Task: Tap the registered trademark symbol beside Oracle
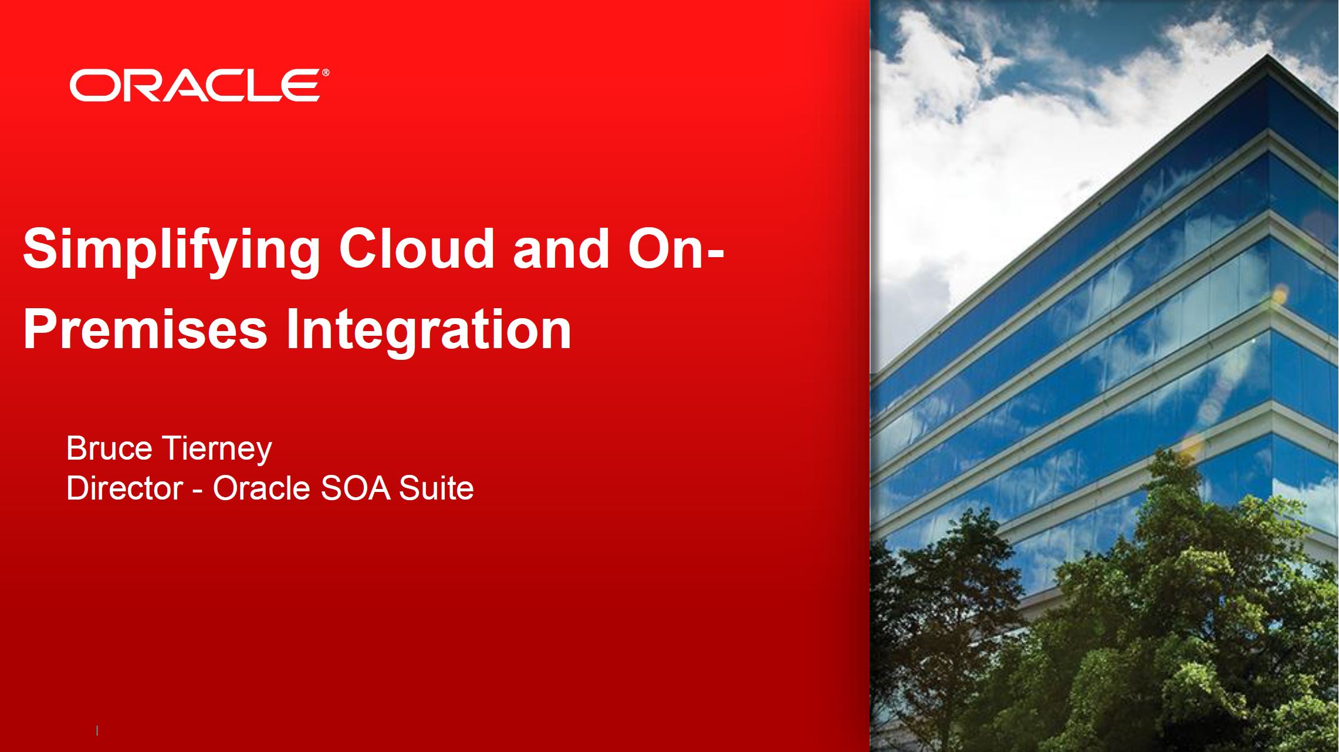coord(326,73)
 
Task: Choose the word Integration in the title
coord(428,332)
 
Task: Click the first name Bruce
coord(109,448)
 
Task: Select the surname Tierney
coord(217,450)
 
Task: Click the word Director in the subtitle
coord(125,488)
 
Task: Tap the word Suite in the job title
coord(436,488)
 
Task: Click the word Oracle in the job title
coord(261,488)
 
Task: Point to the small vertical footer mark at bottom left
coord(97,731)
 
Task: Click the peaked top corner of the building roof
coord(1267,55)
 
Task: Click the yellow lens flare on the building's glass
coord(1279,294)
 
